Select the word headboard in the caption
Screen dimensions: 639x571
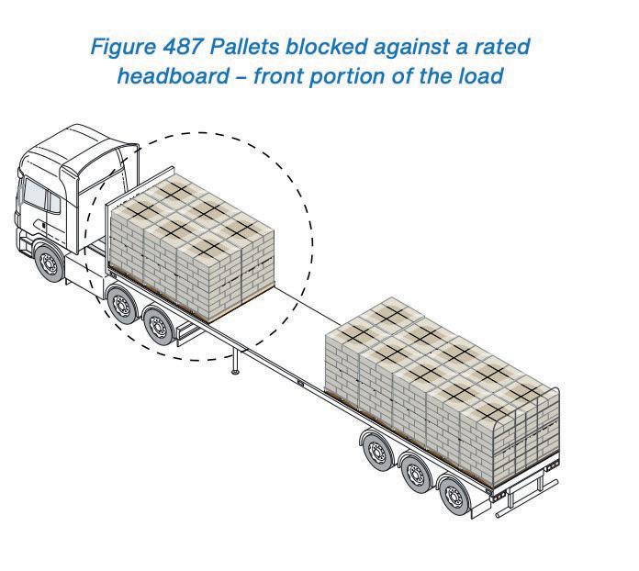pyautogui.click(x=171, y=75)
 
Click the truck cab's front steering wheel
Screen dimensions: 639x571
pyautogui.click(x=47, y=263)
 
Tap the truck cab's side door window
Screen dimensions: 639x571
pyautogui.click(x=38, y=196)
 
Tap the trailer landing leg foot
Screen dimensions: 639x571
pyautogui.click(x=236, y=371)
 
